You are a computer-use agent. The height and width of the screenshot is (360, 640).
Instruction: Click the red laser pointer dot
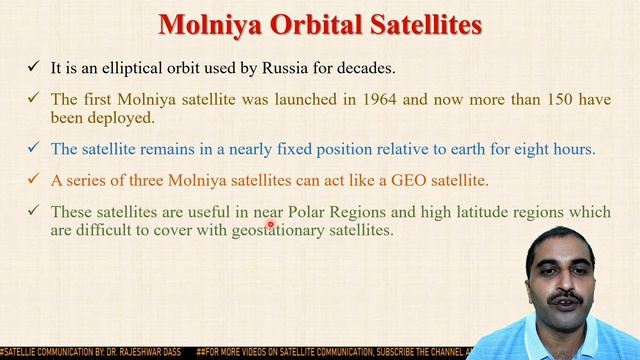pos(270,226)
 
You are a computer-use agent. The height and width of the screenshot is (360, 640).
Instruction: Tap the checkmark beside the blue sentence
pos(33,149)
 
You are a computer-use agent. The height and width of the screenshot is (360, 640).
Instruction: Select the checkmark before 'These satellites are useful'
pos(33,210)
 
